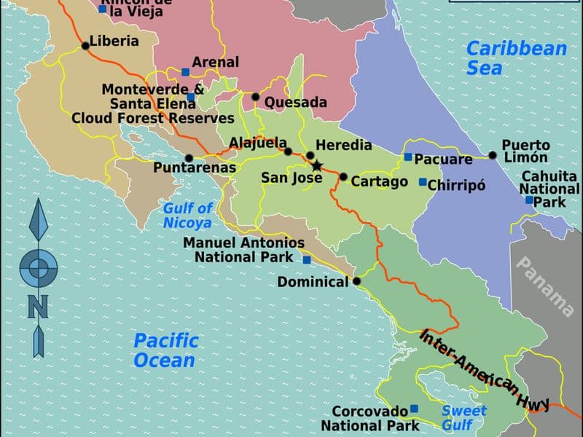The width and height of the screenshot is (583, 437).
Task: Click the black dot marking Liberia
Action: click(x=85, y=45)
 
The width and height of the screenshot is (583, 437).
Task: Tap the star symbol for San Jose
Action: click(x=316, y=166)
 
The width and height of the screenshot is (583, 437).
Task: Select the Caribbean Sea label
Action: click(x=516, y=58)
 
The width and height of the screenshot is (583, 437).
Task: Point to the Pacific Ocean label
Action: click(x=165, y=350)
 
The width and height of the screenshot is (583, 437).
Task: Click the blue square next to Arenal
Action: click(x=186, y=71)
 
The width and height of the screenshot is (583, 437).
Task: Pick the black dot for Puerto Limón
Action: click(x=493, y=154)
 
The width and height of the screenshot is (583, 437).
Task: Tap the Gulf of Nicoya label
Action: click(x=187, y=216)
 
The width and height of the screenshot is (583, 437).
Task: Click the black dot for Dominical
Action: click(x=357, y=281)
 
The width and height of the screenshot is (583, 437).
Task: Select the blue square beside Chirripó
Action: click(x=422, y=182)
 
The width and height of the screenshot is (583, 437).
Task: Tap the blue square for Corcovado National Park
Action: click(x=414, y=409)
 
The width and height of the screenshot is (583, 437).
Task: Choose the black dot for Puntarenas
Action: click(x=189, y=157)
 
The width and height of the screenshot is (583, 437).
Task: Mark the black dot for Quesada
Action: click(x=256, y=97)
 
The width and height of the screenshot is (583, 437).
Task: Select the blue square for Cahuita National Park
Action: click(x=530, y=200)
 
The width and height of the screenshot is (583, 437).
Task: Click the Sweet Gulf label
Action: click(x=458, y=417)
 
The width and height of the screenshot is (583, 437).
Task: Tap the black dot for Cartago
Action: click(x=343, y=176)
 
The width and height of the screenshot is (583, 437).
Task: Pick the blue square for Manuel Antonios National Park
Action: click(x=307, y=259)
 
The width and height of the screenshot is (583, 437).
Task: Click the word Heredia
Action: click(x=344, y=146)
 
